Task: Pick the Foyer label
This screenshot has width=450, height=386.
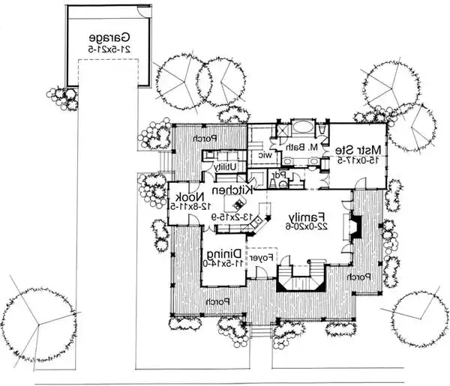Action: click(x=259, y=258)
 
